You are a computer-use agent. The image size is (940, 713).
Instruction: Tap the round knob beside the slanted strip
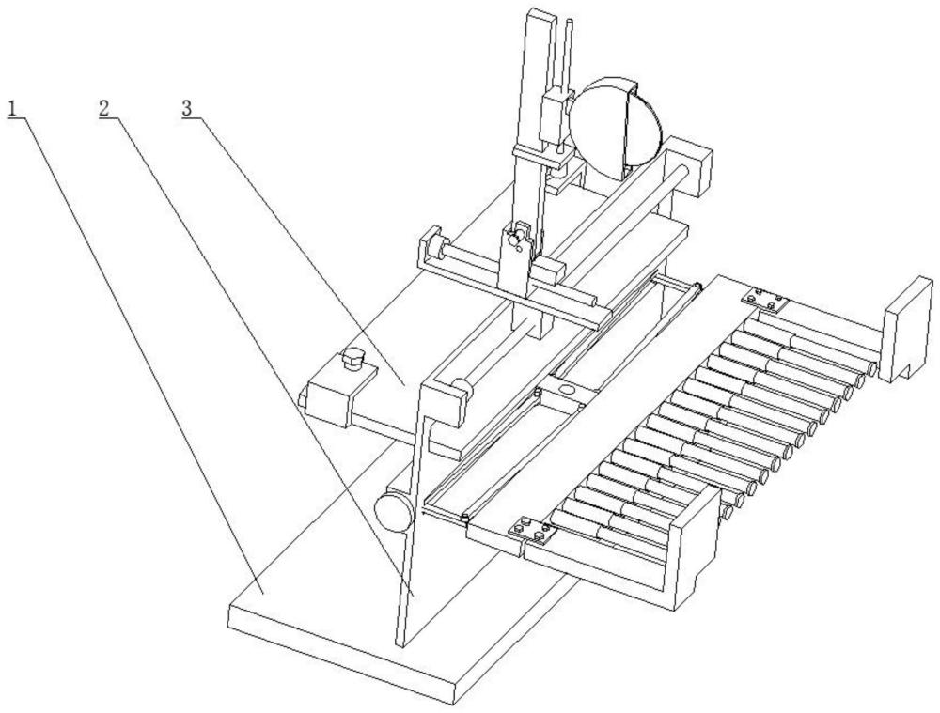(x=394, y=510)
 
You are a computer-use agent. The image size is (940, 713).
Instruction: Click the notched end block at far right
(x=907, y=329)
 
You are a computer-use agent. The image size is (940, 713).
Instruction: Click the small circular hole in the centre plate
(x=565, y=390)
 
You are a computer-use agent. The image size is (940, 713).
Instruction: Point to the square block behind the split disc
(x=688, y=165)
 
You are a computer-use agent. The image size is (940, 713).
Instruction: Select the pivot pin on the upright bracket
(x=514, y=239)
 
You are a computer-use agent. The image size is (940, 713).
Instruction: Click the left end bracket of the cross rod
(x=433, y=247)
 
